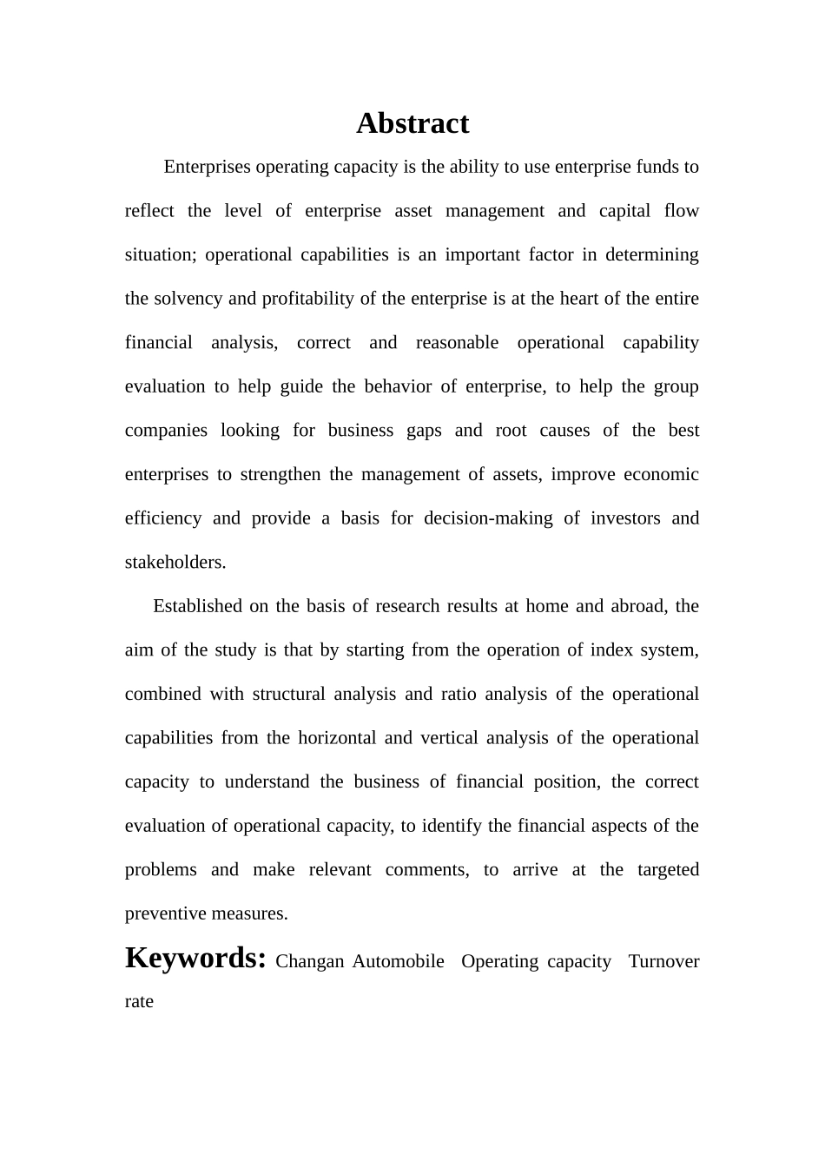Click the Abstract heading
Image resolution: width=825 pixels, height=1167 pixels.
tap(412, 123)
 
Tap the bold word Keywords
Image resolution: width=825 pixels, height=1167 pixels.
tap(195, 958)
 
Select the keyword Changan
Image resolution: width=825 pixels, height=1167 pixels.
tap(310, 961)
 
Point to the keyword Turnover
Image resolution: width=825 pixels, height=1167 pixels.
tap(663, 961)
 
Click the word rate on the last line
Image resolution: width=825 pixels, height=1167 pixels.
tap(139, 1001)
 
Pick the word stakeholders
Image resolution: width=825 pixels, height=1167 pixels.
tap(175, 562)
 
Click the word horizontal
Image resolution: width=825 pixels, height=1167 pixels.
tap(337, 738)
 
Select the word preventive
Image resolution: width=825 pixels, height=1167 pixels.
tap(162, 913)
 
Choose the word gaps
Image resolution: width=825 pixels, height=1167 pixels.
tap(424, 431)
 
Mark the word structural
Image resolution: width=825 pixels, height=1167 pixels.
tap(288, 694)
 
